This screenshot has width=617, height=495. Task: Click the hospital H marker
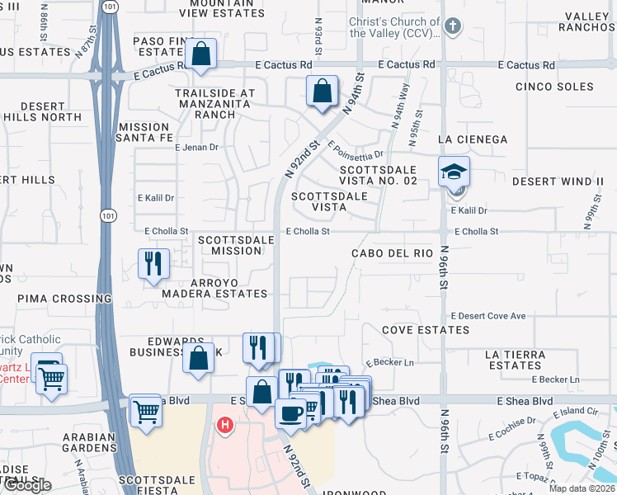[224, 426]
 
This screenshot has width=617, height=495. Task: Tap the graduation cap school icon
[453, 172]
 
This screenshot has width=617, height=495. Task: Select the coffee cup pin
[290, 412]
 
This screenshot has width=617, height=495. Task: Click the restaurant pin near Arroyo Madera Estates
[153, 264]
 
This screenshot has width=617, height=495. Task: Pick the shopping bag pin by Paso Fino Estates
[200, 54]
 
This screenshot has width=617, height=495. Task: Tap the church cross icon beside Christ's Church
[451, 27]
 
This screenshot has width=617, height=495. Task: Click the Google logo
[27, 485]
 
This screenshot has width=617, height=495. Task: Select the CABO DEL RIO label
[392, 253]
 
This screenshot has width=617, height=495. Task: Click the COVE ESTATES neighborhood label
[426, 330]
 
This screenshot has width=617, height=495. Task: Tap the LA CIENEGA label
[473, 139]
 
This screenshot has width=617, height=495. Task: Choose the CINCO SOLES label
[553, 87]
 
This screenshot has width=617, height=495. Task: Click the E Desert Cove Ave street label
[487, 316]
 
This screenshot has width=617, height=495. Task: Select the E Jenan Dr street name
[196, 148]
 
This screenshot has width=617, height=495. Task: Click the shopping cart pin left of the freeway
[51, 379]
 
